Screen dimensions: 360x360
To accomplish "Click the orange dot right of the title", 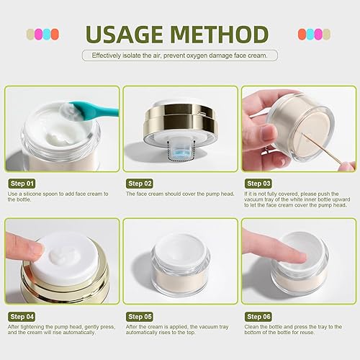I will point(302,34).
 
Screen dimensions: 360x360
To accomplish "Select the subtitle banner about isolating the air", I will point(180,55).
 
